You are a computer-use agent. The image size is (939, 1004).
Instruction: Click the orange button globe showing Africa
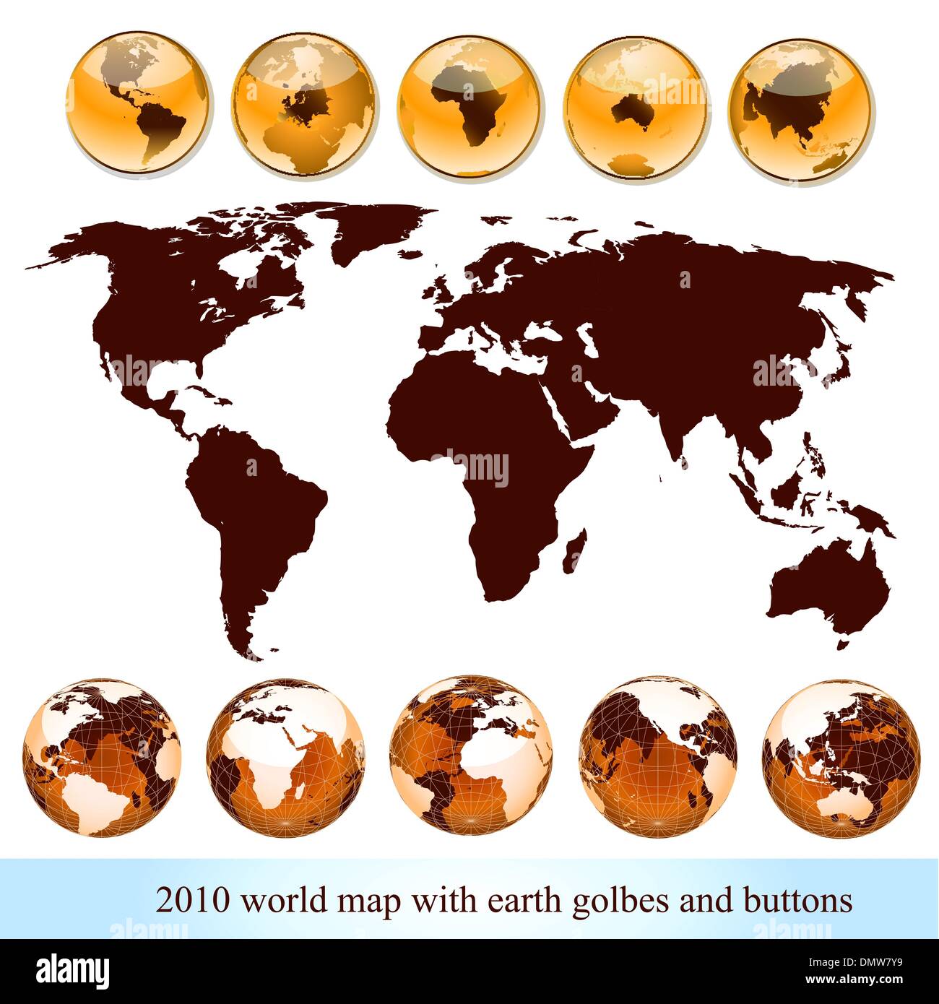point(469,103)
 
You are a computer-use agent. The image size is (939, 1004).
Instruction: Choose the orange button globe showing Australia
point(636,107)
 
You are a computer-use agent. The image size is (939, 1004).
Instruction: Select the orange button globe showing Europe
point(304,103)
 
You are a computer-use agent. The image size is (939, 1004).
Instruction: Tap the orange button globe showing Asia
point(801,107)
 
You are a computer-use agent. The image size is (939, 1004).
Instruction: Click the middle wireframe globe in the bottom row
point(471,753)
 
